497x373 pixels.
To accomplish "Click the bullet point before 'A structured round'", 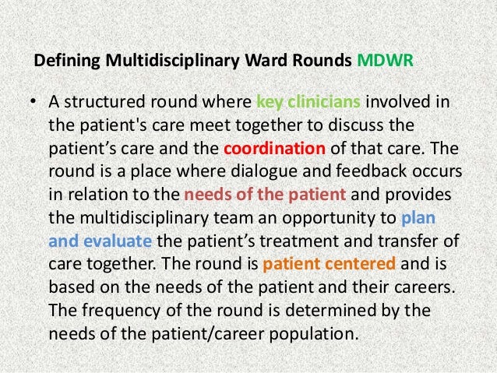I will (x=34, y=105).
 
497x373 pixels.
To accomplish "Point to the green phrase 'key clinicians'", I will (x=308, y=104).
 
